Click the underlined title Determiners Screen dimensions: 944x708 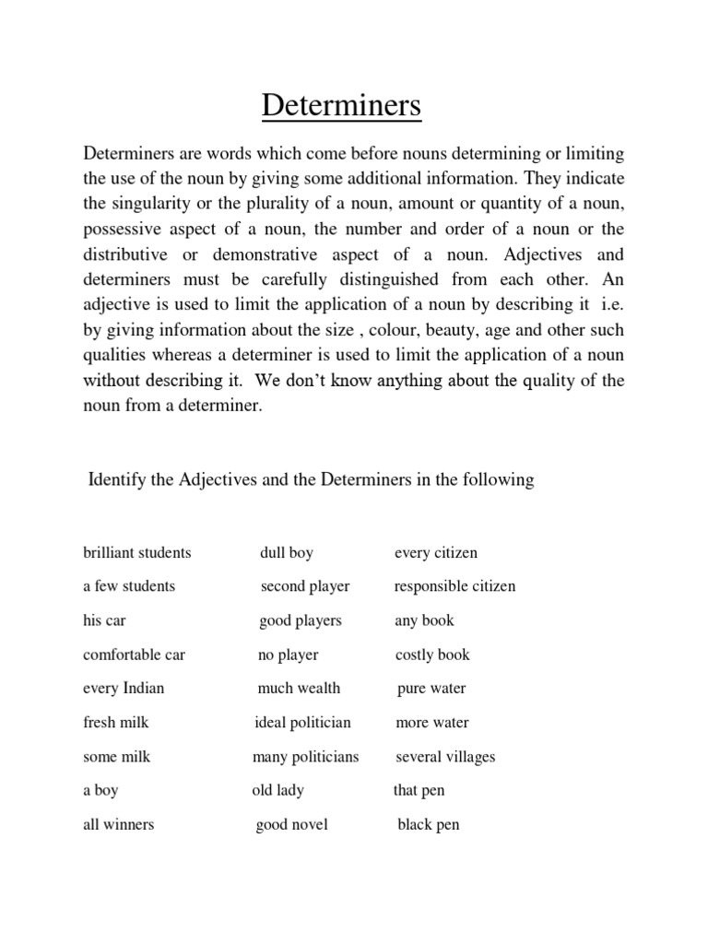click(x=341, y=106)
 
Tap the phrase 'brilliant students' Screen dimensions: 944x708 click(x=137, y=553)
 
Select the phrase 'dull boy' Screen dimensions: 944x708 click(x=287, y=553)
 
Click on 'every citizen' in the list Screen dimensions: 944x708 click(x=436, y=553)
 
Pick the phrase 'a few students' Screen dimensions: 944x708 click(x=129, y=586)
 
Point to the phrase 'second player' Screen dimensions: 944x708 click(x=305, y=586)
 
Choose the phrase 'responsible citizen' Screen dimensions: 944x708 click(x=454, y=586)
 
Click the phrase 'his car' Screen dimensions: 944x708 click(x=103, y=620)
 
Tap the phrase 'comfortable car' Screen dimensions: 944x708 click(x=134, y=655)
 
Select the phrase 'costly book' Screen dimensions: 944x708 click(x=432, y=655)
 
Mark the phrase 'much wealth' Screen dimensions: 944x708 click(x=299, y=689)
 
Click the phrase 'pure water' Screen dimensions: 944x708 click(x=431, y=689)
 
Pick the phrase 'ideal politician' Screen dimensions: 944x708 click(x=302, y=723)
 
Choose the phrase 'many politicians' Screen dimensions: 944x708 click(x=305, y=757)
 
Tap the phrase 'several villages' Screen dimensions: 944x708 click(x=445, y=757)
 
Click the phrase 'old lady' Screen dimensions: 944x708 click(x=277, y=791)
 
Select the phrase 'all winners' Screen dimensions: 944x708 click(x=118, y=825)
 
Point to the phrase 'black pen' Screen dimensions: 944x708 click(x=428, y=825)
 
